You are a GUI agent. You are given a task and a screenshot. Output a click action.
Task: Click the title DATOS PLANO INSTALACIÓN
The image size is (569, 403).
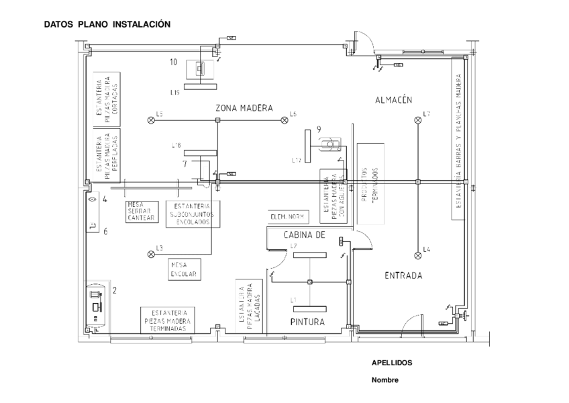tap(107, 24)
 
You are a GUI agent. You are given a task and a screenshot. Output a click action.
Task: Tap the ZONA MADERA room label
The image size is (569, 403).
tap(244, 107)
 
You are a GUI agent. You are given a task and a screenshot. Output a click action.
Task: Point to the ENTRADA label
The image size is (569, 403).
tap(403, 275)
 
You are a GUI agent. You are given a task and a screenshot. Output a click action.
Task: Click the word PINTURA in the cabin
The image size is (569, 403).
tap(307, 322)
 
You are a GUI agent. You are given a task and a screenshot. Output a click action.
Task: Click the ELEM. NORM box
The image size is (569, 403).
tap(287, 217)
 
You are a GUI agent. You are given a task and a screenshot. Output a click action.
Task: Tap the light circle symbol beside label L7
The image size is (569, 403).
tap(418, 120)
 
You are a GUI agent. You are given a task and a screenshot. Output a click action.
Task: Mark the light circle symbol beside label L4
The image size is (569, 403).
tap(418, 255)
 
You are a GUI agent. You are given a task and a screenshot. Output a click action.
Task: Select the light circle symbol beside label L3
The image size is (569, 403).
tap(150, 254)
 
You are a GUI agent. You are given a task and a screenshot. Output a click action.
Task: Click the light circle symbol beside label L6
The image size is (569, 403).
tap(284, 120)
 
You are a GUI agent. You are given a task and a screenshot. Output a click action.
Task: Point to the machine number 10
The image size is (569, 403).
tap(173, 62)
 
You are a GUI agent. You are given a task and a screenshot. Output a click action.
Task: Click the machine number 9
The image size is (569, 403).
tap(319, 129)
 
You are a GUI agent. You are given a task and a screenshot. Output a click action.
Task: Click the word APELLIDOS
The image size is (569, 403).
tap(392, 363)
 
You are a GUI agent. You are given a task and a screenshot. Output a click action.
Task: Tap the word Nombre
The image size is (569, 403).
tap(384, 379)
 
